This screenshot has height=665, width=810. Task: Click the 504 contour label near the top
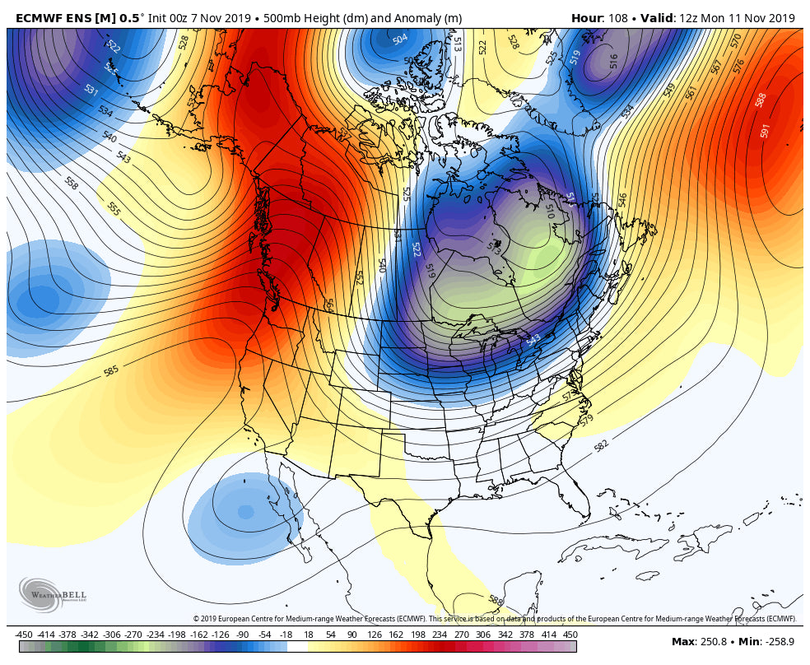(400, 40)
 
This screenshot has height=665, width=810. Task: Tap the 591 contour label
(766, 130)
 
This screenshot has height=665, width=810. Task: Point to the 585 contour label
(112, 370)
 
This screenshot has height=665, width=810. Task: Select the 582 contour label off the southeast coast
(602, 446)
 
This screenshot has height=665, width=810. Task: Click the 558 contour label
(72, 184)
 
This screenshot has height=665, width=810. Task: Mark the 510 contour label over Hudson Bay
(550, 212)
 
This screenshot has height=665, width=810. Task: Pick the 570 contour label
(736, 40)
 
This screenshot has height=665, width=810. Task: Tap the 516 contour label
(613, 61)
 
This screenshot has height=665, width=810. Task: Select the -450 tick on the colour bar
(24, 635)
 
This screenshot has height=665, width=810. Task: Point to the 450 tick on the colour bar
(570, 635)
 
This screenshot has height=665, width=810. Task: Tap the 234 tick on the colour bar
(440, 635)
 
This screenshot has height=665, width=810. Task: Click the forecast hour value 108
(617, 18)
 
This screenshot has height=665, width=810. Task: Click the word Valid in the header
(657, 18)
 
